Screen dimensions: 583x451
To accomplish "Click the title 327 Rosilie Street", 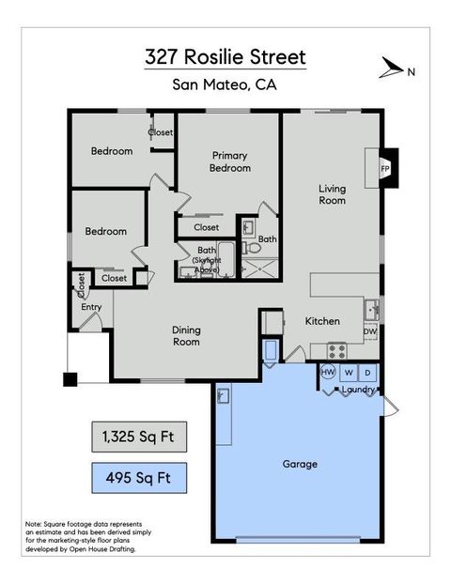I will pyautogui.click(x=225, y=57).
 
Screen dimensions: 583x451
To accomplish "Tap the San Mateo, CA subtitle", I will pyautogui.click(x=225, y=85).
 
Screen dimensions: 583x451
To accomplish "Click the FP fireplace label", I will pyautogui.click(x=385, y=169).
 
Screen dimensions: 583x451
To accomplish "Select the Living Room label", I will pyautogui.click(x=332, y=194).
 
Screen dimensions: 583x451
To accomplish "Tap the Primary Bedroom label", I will pyautogui.click(x=230, y=161).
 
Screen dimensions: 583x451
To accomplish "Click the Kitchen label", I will pyautogui.click(x=322, y=321).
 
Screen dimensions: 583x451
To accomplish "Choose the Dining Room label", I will pyautogui.click(x=186, y=335).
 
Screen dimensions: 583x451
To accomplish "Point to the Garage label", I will pyautogui.click(x=300, y=464).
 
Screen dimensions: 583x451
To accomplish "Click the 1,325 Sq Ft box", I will pyautogui.click(x=138, y=437).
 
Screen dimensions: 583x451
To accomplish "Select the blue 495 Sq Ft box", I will pyautogui.click(x=138, y=479).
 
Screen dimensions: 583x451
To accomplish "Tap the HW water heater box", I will pyautogui.click(x=328, y=373).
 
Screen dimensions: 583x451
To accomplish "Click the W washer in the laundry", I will pyautogui.click(x=348, y=373).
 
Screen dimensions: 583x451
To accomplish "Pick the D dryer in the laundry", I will pyautogui.click(x=367, y=373).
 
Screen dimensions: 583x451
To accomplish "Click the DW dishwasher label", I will pyautogui.click(x=370, y=331).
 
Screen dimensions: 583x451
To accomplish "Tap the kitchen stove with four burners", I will pyautogui.click(x=335, y=351).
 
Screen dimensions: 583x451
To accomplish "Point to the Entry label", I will pyautogui.click(x=91, y=307).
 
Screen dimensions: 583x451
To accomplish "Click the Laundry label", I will pyautogui.click(x=358, y=389).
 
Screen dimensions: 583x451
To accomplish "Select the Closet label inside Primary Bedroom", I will pyautogui.click(x=207, y=227).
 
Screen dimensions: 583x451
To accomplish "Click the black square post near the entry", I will pyautogui.click(x=70, y=379).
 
